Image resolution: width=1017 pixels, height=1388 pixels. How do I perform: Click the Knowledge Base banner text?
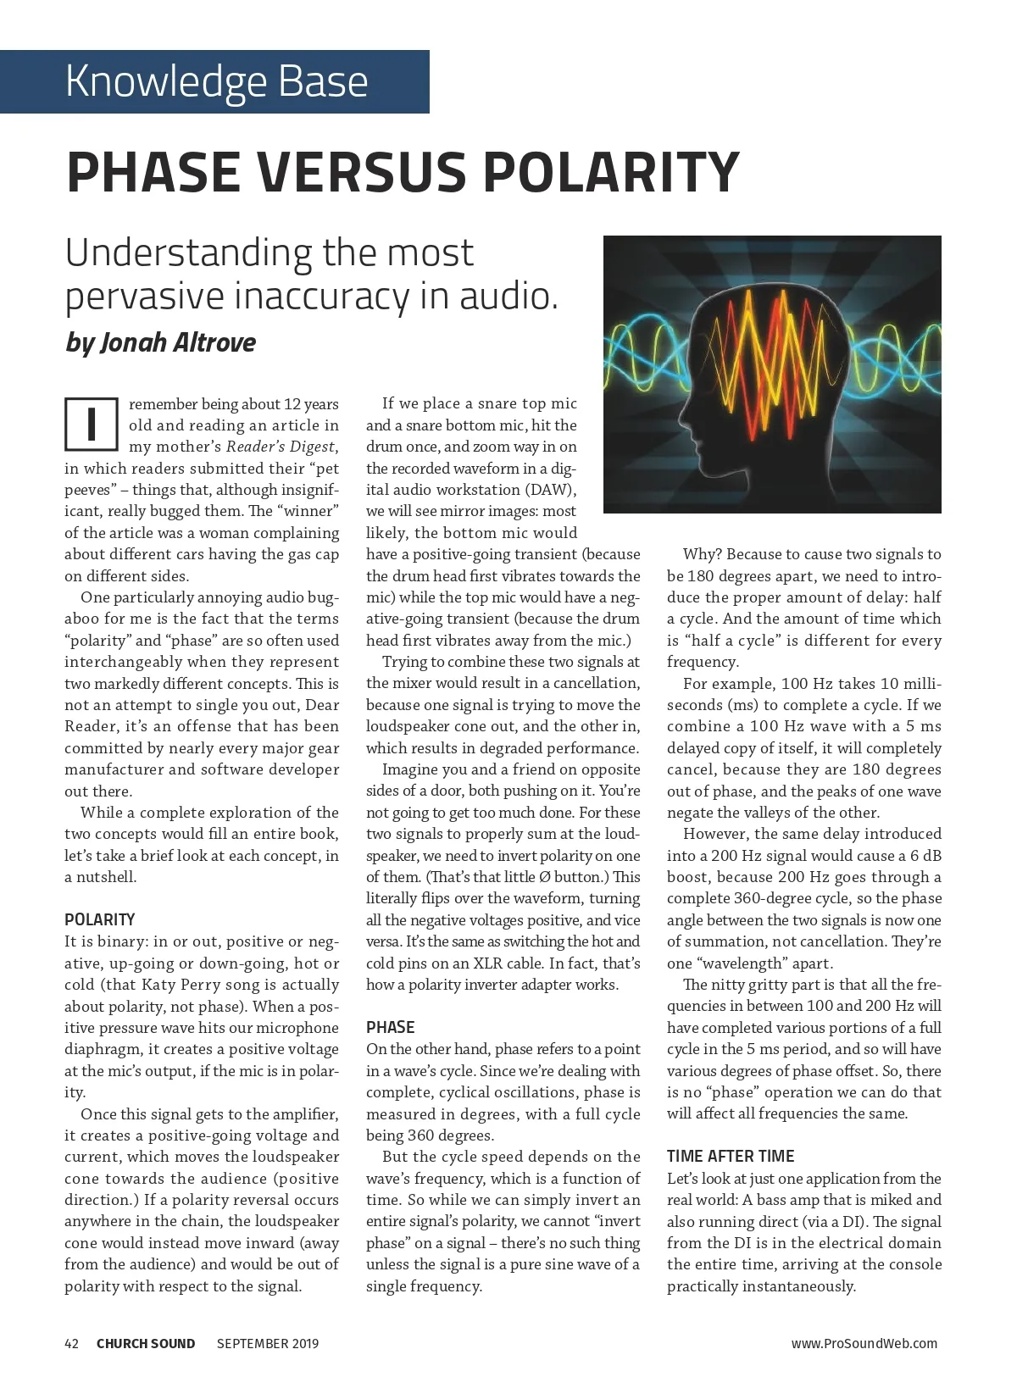pos(216,81)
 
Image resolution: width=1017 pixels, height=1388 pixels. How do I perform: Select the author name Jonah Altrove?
pos(177,341)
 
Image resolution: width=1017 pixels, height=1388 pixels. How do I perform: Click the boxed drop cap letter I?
pos(91,424)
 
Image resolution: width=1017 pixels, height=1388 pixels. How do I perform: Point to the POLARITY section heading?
pos(99,919)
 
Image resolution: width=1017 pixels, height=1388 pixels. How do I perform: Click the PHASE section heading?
pos(390,1027)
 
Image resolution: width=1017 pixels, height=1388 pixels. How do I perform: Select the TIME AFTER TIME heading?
pos(731,1156)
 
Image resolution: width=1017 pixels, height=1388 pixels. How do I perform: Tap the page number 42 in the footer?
pos(72,1343)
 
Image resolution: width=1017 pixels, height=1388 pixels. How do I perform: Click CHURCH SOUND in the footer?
pos(146,1343)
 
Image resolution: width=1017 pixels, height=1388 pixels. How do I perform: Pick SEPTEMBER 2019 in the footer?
pos(268,1343)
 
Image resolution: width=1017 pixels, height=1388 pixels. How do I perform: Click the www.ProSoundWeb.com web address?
pos(864,1343)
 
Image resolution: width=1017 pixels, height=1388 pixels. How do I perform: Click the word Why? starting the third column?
pos(703,554)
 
